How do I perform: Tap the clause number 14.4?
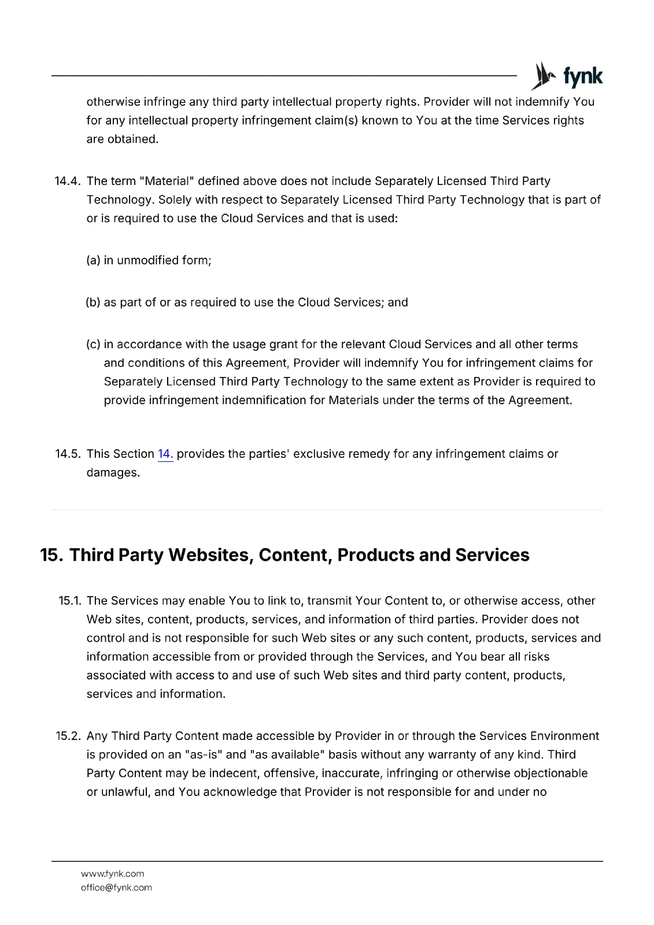[67, 182]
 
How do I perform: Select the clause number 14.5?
[68, 454]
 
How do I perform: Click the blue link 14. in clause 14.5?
[165, 454]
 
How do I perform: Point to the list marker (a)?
[93, 261]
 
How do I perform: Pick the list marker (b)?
[93, 303]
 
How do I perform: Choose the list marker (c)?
[93, 345]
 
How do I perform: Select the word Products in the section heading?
[376, 555]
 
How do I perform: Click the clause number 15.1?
[70, 601]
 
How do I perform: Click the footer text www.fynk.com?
[112, 874]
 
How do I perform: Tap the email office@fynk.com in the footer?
[116, 888]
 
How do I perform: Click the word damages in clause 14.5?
[113, 473]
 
